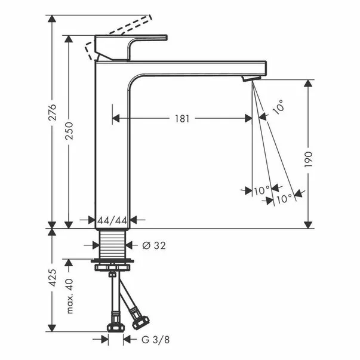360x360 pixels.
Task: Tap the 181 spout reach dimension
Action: pos(182,118)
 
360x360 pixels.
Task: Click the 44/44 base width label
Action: pos(112,220)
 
